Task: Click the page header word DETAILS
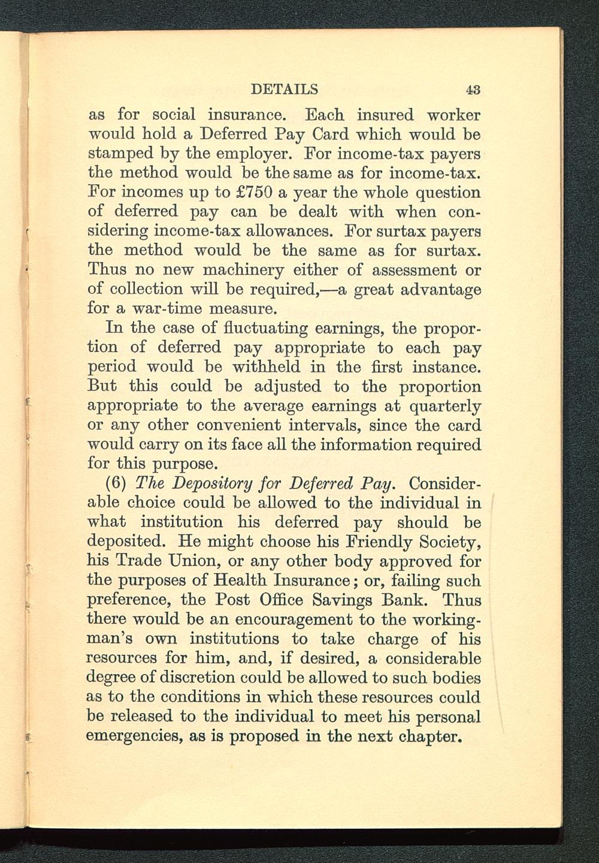tap(284, 90)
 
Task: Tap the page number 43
tap(473, 91)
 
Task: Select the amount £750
tap(252, 193)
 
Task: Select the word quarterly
tap(444, 406)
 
